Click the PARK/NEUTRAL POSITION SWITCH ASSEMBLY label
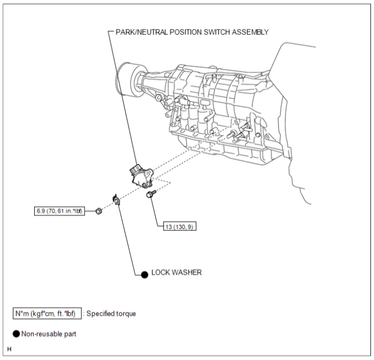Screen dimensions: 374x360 (x=192, y=32)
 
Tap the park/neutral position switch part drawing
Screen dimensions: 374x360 (x=142, y=177)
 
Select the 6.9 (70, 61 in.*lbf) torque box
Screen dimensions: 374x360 (x=59, y=211)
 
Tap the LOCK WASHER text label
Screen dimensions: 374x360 (x=176, y=273)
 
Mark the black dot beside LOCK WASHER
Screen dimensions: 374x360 (x=144, y=275)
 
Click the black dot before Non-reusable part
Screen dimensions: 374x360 (x=16, y=334)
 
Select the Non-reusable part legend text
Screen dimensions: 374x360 (x=49, y=334)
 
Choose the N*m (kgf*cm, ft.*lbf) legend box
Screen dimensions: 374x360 (x=47, y=313)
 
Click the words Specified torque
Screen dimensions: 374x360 (x=111, y=314)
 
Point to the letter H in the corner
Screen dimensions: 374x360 (x=9, y=349)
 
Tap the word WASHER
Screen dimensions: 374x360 (x=187, y=273)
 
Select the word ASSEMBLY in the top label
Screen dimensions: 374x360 (x=250, y=32)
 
